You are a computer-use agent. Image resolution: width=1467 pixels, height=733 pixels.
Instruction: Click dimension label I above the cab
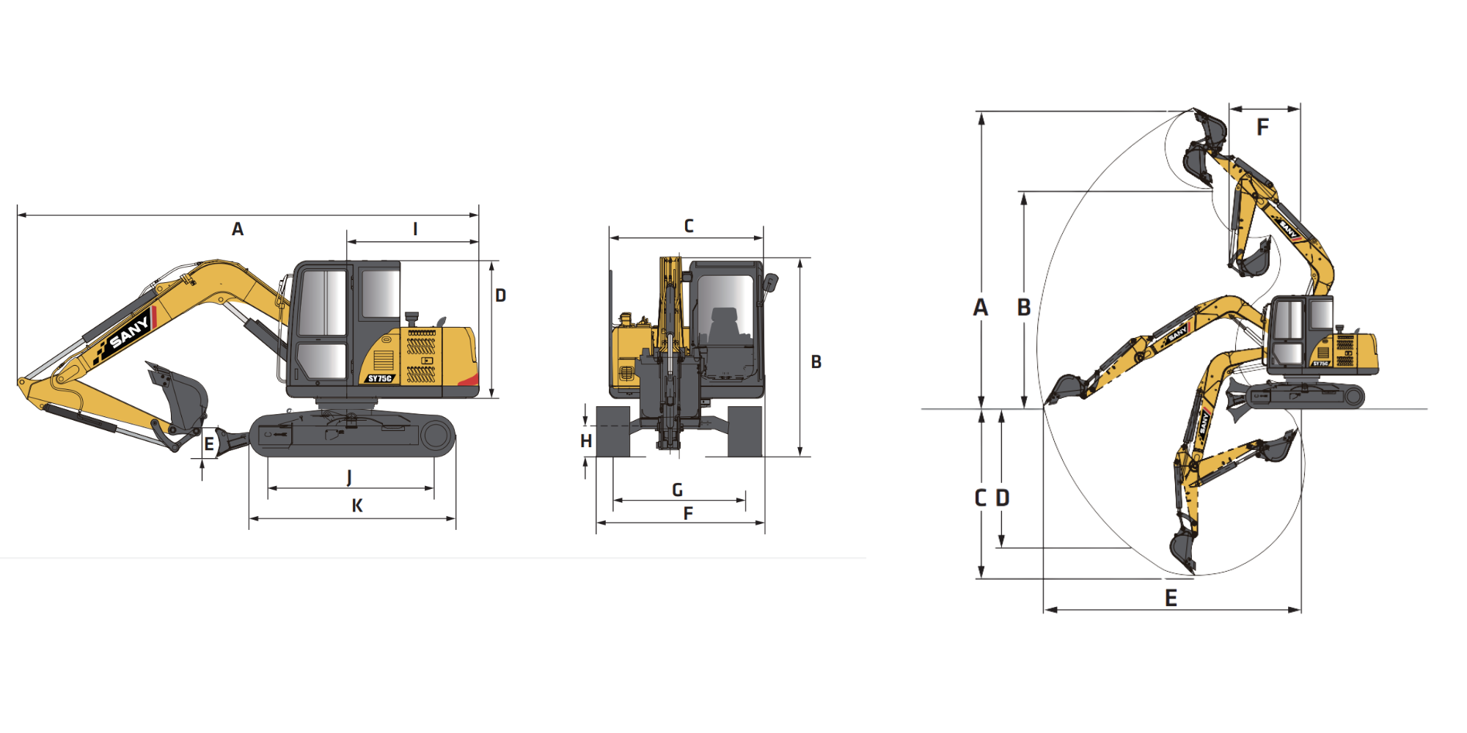(x=415, y=229)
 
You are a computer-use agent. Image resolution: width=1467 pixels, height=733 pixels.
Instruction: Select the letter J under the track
(x=349, y=477)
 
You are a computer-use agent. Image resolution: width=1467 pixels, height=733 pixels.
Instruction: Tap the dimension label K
(x=357, y=506)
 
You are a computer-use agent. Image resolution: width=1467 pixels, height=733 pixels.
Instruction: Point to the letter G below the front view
(x=677, y=490)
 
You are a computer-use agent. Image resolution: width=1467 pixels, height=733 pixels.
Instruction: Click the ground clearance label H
(x=586, y=441)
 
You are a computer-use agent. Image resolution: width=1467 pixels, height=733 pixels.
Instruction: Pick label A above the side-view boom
(x=238, y=229)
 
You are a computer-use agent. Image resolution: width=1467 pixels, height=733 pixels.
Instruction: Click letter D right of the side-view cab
(x=500, y=295)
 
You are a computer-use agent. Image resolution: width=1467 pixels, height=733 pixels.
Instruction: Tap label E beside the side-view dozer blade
(x=209, y=444)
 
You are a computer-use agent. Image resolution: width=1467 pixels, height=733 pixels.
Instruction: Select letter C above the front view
(x=689, y=226)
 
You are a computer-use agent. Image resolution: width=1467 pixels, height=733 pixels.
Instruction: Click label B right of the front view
(x=816, y=361)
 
